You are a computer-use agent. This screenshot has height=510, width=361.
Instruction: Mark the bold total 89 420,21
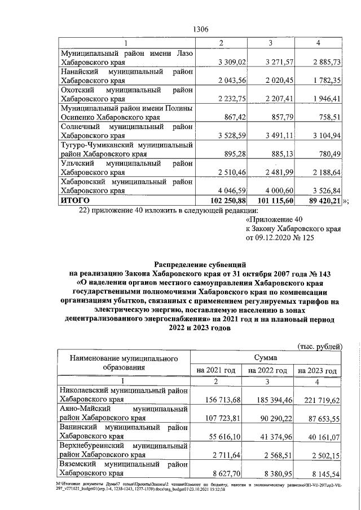320,200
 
